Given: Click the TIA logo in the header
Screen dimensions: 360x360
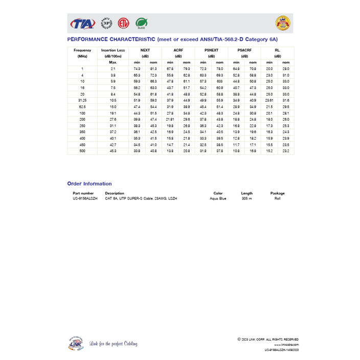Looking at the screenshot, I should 82,24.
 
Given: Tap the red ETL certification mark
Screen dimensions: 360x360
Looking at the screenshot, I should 122,23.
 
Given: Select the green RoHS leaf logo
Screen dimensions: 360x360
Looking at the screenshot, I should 141,23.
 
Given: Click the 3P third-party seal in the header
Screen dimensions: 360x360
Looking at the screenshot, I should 106,23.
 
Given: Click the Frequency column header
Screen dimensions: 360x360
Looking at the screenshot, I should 82,50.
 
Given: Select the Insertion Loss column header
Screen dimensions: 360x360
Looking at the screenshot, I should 113,50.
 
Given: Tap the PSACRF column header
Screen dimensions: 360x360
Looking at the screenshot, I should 244,50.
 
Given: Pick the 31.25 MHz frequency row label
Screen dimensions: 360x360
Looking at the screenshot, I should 82,101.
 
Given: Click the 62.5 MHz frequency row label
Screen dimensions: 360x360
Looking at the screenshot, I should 82,107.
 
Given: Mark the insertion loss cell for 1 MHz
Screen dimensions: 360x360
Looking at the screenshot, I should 113,69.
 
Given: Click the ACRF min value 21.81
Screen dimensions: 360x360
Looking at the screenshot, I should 170,120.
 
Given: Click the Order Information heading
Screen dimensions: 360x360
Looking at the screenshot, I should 89,184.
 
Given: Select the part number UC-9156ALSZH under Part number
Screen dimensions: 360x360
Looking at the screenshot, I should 85,198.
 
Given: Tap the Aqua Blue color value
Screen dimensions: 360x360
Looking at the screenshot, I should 218,198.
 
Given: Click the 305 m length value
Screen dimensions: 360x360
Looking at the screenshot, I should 246,198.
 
